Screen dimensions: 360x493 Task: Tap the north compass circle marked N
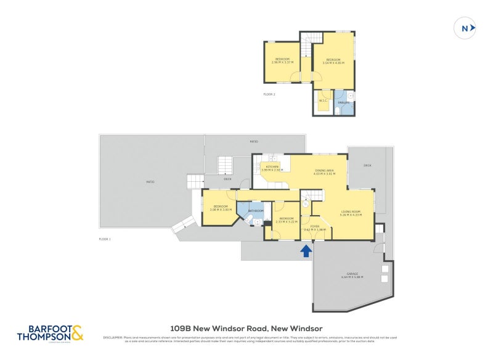(x=464, y=28)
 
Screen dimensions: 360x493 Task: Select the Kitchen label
(x=272, y=167)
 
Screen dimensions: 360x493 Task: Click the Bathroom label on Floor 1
(x=256, y=211)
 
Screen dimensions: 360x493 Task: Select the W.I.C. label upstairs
(x=322, y=100)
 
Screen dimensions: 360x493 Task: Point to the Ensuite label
(x=343, y=102)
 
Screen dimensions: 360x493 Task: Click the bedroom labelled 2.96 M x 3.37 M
(x=282, y=60)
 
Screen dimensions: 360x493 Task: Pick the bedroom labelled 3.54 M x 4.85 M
(x=333, y=60)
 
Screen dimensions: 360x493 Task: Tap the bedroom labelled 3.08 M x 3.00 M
(x=221, y=208)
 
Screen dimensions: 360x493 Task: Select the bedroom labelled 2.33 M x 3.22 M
(x=287, y=219)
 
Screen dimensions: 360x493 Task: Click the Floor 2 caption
(x=269, y=94)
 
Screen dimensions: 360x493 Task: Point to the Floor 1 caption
(x=105, y=239)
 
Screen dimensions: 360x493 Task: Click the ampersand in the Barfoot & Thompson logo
(x=77, y=333)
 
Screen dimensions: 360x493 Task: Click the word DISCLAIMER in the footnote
(x=113, y=337)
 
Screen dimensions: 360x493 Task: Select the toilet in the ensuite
(x=351, y=96)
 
